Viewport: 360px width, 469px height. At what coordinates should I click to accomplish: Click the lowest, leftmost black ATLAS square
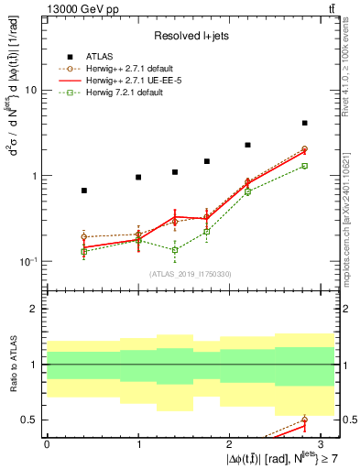tap(84, 191)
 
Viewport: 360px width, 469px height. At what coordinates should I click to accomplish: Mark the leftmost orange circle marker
tap(84, 237)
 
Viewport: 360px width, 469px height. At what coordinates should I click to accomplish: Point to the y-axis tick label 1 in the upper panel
tap(34, 176)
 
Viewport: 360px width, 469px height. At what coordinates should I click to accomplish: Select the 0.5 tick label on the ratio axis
tap(28, 420)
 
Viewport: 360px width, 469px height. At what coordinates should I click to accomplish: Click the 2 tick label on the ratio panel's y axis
tap(34, 310)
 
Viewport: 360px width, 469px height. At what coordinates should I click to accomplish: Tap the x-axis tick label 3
tap(320, 444)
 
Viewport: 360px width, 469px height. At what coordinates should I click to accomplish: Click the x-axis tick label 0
tap(48, 444)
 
